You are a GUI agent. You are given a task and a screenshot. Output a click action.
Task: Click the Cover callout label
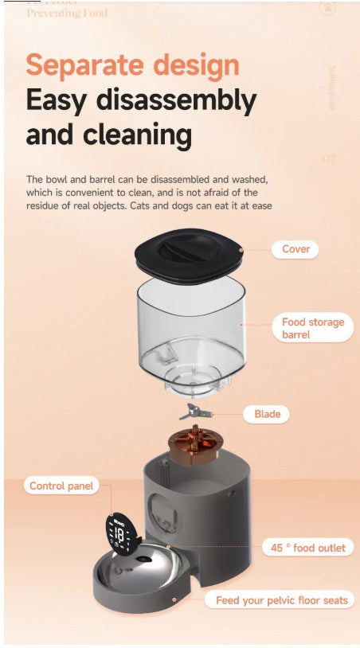(x=295, y=249)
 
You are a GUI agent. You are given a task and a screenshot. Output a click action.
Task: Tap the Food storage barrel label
(x=312, y=328)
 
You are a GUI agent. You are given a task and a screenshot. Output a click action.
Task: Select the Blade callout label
(x=267, y=414)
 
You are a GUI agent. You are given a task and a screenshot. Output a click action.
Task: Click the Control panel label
(x=61, y=486)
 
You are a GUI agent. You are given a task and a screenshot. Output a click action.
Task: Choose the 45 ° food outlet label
(x=307, y=548)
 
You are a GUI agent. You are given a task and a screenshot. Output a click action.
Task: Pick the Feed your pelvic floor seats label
(x=281, y=600)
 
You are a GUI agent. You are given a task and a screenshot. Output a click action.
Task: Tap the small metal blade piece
(x=191, y=412)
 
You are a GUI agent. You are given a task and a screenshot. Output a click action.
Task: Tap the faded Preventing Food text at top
(x=67, y=12)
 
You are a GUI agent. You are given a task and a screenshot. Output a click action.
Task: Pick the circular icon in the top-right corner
(x=327, y=8)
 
